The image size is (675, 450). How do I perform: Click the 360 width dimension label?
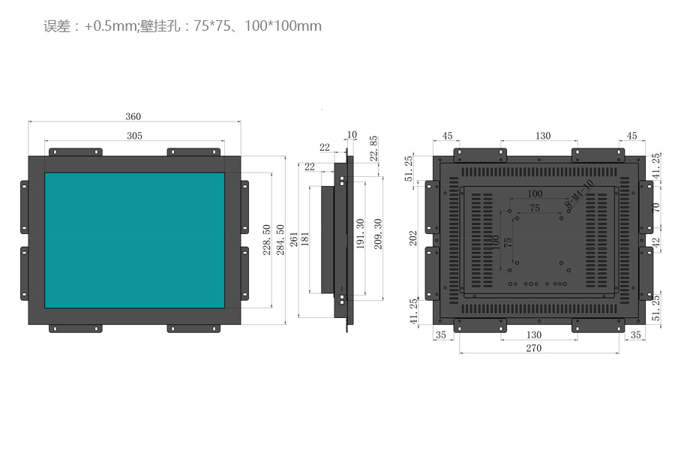tap(133, 116)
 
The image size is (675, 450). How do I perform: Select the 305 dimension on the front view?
tap(134, 136)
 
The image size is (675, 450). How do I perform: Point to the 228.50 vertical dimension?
tap(266, 240)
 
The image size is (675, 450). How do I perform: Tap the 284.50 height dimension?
tap(280, 240)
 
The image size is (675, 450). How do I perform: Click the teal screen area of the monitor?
tap(135, 239)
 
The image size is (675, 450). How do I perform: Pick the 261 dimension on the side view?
tap(294, 239)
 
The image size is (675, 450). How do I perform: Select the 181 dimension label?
tap(305, 239)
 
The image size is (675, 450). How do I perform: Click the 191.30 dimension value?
tap(360, 234)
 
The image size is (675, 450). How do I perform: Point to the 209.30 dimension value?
tap(377, 234)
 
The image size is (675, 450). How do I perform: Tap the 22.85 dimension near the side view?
tap(373, 148)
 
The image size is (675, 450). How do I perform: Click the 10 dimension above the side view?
tap(352, 135)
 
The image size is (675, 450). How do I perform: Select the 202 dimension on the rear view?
tap(413, 238)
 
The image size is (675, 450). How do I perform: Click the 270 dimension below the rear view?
tap(533, 348)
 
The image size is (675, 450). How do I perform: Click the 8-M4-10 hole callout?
tap(579, 194)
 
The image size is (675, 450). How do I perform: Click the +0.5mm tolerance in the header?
tap(110, 26)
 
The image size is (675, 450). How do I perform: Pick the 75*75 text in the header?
tap(210, 26)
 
